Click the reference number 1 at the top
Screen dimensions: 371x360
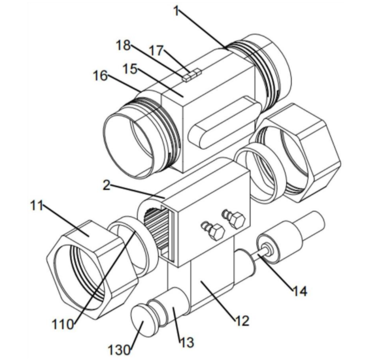point(176,11)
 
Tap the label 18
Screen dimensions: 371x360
point(123,45)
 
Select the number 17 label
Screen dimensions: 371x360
point(156,50)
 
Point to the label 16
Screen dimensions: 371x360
point(100,75)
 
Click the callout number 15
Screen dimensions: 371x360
point(130,69)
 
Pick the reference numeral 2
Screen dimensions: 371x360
point(107,185)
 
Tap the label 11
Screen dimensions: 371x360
point(37,205)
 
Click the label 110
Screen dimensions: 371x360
point(62,324)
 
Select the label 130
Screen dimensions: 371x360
point(119,350)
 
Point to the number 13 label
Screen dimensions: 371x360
point(187,342)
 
